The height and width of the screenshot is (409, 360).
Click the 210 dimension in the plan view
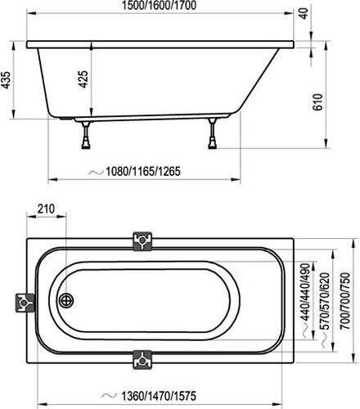[47, 209]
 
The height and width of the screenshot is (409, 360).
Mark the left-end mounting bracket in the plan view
[25, 303]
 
